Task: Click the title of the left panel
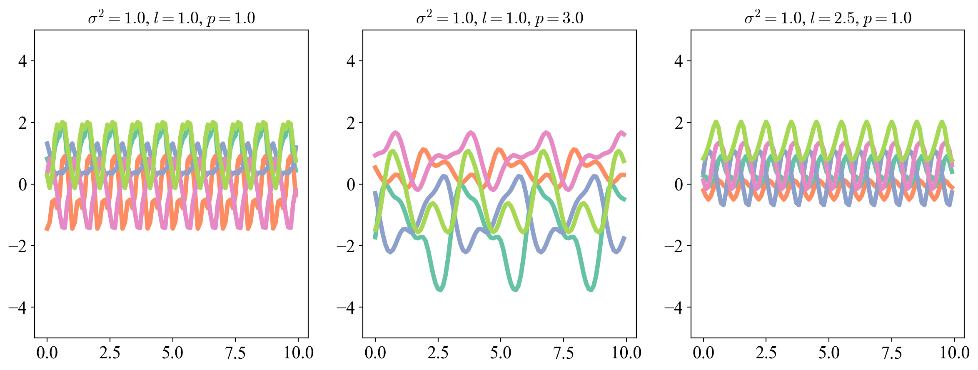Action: pyautogui.click(x=171, y=18)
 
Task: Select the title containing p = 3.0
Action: pyautogui.click(x=499, y=18)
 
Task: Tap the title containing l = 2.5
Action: pyautogui.click(x=828, y=18)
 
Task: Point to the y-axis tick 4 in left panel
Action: pyautogui.click(x=23, y=61)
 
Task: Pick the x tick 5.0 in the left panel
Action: pyautogui.click(x=172, y=353)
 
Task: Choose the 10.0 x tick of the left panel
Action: pyautogui.click(x=299, y=353)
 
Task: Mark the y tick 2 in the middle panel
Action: pyautogui.click(x=351, y=123)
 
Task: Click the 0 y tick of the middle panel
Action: pyautogui.click(x=351, y=185)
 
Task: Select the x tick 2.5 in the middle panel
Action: pyautogui.click(x=438, y=353)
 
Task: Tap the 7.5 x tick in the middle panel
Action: pyautogui.click(x=564, y=353)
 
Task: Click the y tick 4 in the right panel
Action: pyautogui.click(x=679, y=61)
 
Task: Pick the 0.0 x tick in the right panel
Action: pyautogui.click(x=704, y=353)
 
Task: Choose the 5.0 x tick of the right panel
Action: pyautogui.click(x=829, y=353)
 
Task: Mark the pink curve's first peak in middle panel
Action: pyautogui.click(x=395, y=133)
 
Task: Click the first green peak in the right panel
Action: pyautogui.click(x=716, y=122)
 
